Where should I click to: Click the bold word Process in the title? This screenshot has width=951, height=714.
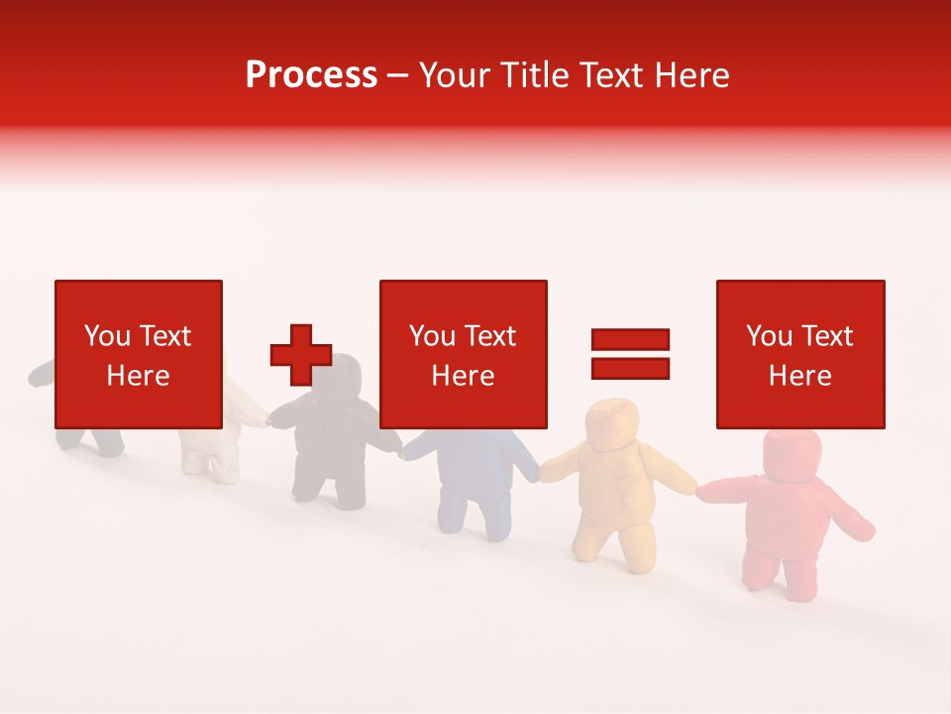point(311,75)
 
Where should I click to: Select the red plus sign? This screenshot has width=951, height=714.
point(301,355)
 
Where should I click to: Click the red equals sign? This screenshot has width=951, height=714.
point(630,354)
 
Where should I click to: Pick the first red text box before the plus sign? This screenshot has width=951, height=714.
point(138,354)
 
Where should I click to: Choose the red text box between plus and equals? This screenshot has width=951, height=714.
point(463,354)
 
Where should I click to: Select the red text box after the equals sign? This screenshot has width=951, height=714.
point(799,354)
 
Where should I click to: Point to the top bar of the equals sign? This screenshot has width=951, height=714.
point(630,339)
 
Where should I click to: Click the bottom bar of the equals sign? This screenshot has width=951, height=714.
point(630,369)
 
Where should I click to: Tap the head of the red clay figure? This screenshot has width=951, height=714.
point(791,456)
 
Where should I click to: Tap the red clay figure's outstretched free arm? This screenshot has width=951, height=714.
point(854,521)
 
